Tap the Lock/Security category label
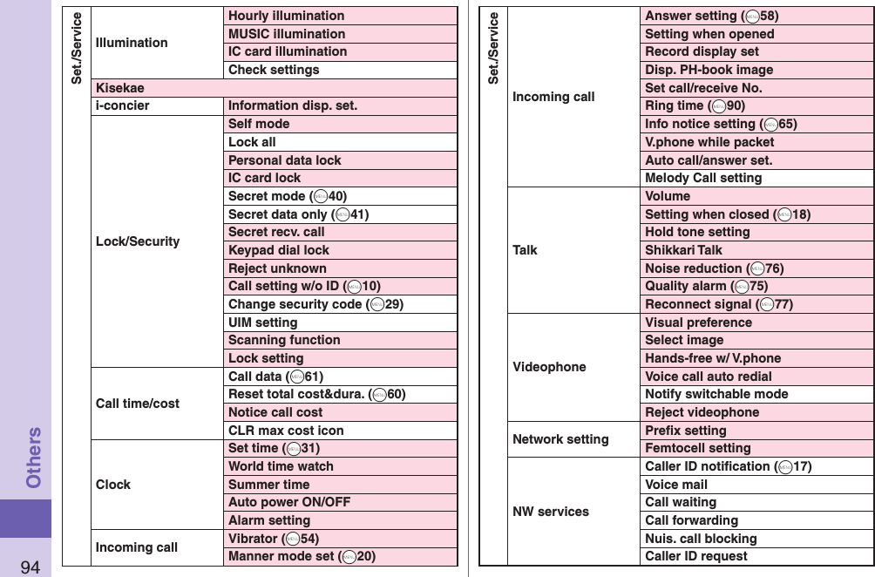click(x=138, y=241)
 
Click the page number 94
click(x=31, y=567)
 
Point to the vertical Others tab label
click(x=33, y=457)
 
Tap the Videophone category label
click(x=549, y=367)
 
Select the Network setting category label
click(x=560, y=439)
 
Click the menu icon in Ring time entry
click(x=718, y=106)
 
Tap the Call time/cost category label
click(x=138, y=404)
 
